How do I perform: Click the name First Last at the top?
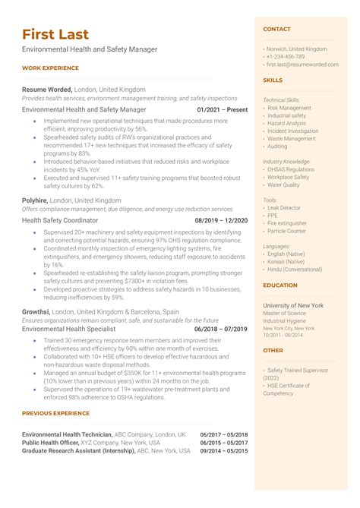[55, 34]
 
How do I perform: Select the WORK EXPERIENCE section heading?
[50, 68]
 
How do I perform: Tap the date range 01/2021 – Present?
[222, 109]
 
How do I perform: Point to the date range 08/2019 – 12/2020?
[221, 220]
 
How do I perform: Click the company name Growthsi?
[36, 311]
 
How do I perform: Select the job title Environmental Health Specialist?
[69, 330]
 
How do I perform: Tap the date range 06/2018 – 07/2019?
[221, 330]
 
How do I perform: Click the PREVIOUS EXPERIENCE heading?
[55, 413]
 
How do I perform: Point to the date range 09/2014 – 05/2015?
[223, 450]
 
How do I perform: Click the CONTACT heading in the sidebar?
[276, 29]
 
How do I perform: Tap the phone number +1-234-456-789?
[286, 56]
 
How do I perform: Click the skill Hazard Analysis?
[287, 123]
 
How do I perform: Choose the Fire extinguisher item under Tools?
[289, 223]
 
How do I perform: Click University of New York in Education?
[293, 305]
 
